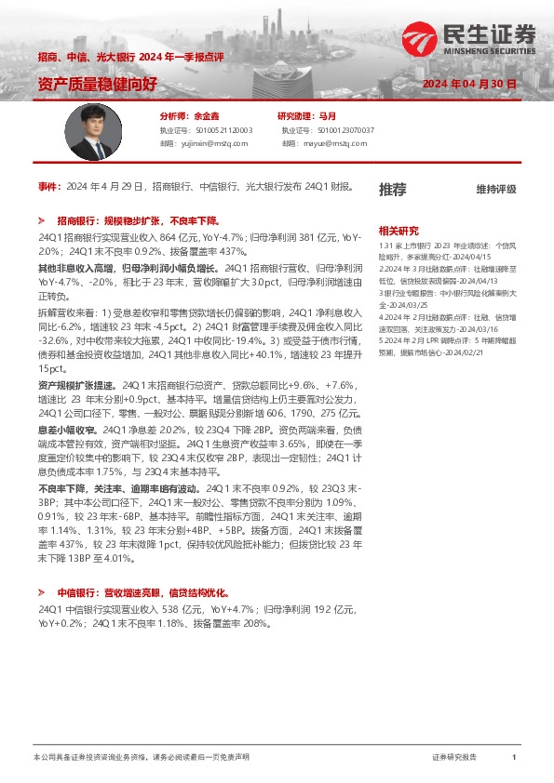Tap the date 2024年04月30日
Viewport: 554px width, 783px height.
tap(469, 85)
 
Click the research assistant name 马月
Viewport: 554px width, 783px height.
tap(327, 117)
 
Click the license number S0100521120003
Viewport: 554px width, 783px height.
tap(217, 131)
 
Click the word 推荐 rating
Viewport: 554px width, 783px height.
tap(393, 190)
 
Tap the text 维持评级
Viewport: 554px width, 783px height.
tap(495, 190)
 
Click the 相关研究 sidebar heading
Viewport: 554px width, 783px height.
tap(399, 230)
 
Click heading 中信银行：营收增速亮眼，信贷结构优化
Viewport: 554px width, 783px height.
tap(142, 592)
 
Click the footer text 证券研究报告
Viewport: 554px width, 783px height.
tap(454, 758)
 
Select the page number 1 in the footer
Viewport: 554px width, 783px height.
tap(513, 758)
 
